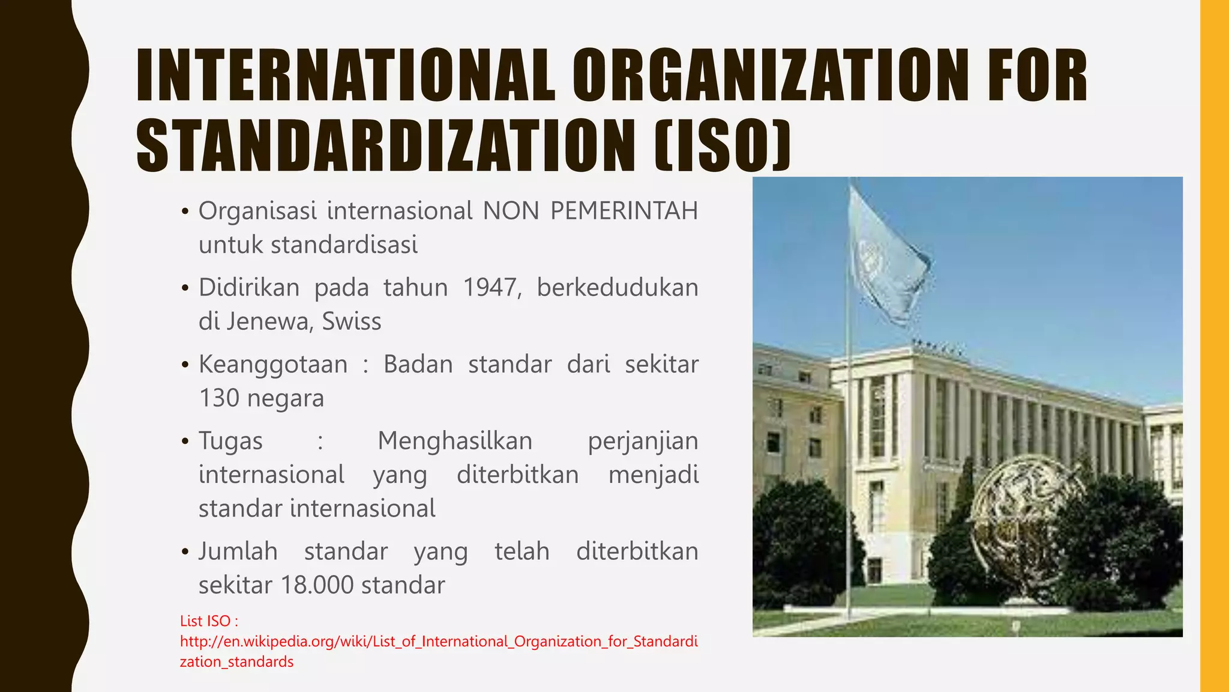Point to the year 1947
coord(491,288)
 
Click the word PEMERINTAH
coord(624,211)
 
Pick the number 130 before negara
coord(219,398)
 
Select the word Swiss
coord(352,321)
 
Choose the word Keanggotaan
coord(273,365)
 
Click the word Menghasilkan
coord(455,441)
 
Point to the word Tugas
coord(230,441)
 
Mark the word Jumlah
coord(238,551)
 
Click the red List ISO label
coord(209,621)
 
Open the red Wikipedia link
coord(438,642)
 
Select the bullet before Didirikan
coord(185,288)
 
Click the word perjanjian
coord(643,441)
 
